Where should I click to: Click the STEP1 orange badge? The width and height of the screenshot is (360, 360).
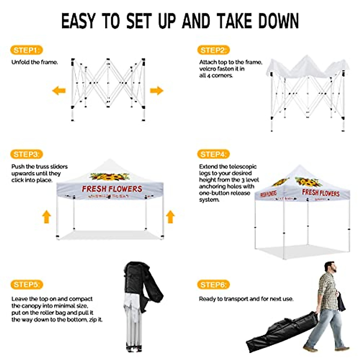(26, 50)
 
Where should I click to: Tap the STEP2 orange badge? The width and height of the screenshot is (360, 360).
(213, 50)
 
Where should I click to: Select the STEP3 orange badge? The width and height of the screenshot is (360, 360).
(26, 154)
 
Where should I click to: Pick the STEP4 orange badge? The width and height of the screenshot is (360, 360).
(213, 154)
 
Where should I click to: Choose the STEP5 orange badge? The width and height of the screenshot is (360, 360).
(26, 284)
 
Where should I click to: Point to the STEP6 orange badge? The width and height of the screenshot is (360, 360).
(213, 284)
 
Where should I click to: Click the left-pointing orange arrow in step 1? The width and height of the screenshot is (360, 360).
(59, 90)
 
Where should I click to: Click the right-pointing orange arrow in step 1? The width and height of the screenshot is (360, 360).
(156, 90)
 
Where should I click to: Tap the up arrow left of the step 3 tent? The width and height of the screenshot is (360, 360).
(46, 217)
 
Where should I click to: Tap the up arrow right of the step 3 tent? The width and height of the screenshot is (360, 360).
(170, 217)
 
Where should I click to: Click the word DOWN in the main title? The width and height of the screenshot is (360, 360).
(279, 21)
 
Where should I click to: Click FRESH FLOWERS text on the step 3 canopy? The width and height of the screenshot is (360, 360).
(112, 189)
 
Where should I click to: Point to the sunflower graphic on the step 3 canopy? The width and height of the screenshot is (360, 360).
(110, 177)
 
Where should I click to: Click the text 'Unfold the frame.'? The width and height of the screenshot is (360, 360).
(34, 62)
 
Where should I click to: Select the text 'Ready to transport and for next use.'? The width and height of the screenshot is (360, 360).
(246, 299)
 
